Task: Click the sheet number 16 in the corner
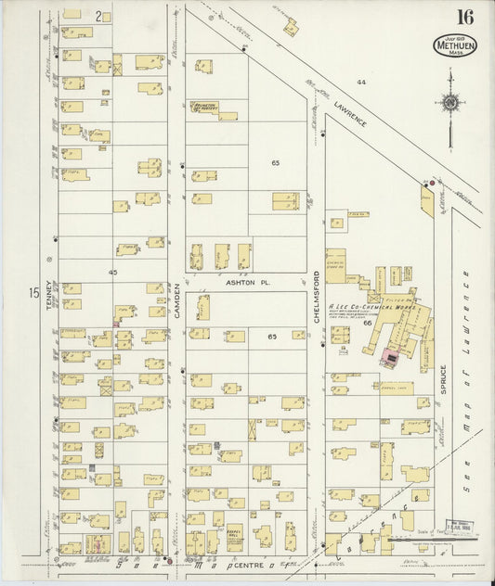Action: point(464,17)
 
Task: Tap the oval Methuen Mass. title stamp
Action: point(454,45)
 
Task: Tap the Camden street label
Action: point(176,300)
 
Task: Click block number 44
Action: point(363,83)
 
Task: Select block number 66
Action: point(368,323)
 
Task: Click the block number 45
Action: point(112,273)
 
